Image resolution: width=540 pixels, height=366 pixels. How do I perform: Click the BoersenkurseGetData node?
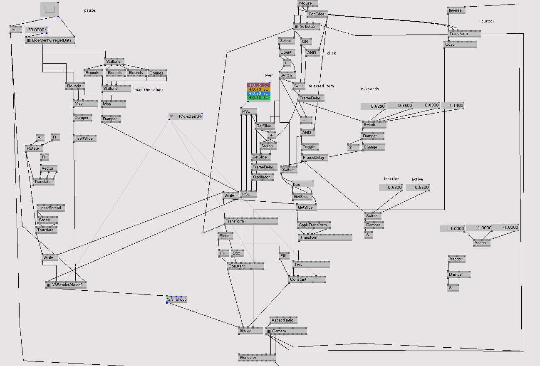tap(50, 40)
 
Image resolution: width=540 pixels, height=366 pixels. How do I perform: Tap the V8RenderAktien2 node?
tap(66, 285)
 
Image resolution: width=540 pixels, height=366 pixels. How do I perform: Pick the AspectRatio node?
tap(283, 320)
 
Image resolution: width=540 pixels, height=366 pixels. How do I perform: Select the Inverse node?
tap(456, 10)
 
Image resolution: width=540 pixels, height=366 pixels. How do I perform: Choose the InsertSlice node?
tap(84, 138)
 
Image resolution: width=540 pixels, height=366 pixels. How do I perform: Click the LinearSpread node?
tap(50, 208)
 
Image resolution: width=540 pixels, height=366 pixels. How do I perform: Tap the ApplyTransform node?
tap(313, 225)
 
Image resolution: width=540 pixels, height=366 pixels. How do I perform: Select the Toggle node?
tap(310, 147)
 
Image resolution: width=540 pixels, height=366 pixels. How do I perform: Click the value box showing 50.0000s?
tap(37, 30)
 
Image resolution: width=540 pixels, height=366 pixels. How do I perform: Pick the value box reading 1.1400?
tap(452, 106)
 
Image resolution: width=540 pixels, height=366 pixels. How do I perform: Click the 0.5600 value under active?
tap(417, 188)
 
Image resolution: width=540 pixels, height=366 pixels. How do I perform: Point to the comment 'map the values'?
tap(149, 90)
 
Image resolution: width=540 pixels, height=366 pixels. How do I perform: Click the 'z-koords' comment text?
tap(369, 89)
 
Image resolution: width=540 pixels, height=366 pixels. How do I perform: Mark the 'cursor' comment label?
tap(488, 21)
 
